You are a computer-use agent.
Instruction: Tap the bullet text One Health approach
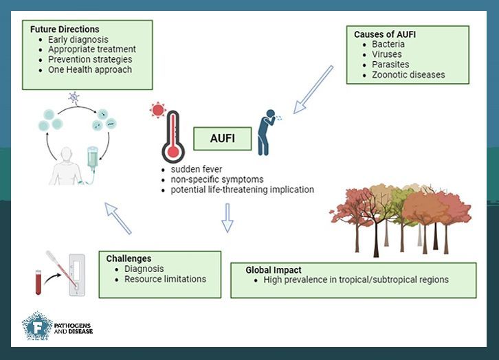(x=90, y=69)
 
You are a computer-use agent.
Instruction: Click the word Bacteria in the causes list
(x=390, y=45)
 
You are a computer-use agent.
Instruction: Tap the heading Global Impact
(x=274, y=270)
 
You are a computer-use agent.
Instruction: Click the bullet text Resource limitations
(x=165, y=279)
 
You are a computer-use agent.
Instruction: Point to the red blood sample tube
(x=39, y=282)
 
